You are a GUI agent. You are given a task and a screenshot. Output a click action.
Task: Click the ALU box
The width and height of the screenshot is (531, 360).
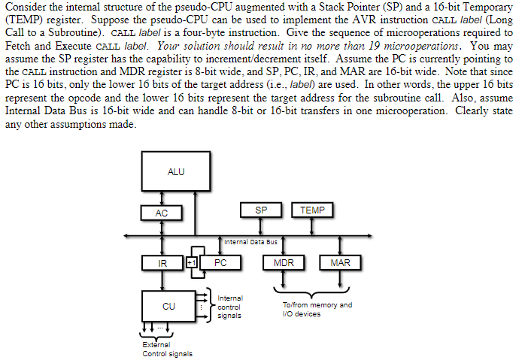click(x=175, y=172)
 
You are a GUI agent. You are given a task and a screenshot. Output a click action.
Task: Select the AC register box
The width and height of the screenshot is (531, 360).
click(x=162, y=213)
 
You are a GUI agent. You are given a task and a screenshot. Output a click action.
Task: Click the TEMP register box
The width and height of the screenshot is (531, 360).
click(x=312, y=210)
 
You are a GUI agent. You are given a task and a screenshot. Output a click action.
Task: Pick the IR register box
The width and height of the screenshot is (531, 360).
click(x=162, y=263)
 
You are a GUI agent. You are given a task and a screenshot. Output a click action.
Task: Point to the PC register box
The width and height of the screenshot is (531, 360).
click(x=220, y=263)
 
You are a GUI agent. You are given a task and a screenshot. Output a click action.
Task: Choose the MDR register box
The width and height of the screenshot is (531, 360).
click(x=284, y=263)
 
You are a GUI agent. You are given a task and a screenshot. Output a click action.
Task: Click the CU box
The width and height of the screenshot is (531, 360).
click(x=168, y=306)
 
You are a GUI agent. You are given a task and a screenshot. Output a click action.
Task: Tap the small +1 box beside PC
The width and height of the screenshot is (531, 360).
click(x=192, y=263)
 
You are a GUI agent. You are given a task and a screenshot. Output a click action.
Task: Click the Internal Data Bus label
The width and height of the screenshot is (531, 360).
click(x=251, y=241)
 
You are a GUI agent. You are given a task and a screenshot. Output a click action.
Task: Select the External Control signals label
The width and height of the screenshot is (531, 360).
click(x=167, y=349)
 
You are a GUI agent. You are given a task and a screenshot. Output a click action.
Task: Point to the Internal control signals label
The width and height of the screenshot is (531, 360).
click(x=229, y=307)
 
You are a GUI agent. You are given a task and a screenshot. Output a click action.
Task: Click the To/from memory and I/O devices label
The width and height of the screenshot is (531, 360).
click(x=317, y=309)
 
